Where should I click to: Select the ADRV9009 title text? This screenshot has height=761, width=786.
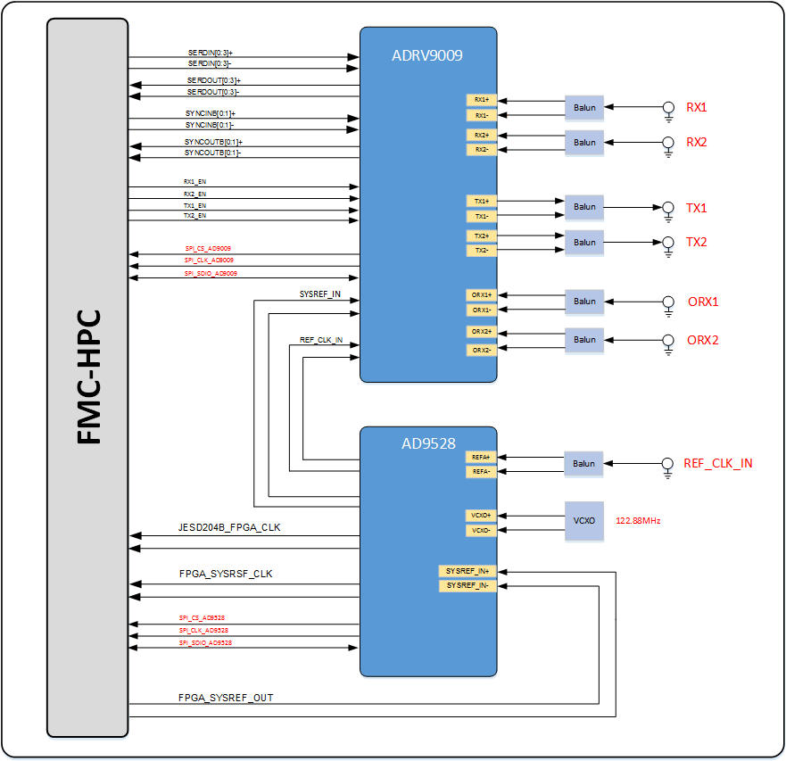(427, 55)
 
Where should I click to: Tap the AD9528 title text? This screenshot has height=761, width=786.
(427, 443)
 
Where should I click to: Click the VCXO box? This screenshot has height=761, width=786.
(584, 520)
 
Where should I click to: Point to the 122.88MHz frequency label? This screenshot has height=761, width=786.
(638, 520)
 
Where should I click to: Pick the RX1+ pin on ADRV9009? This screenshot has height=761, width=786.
(481, 100)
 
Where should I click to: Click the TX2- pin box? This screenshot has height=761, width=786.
(481, 251)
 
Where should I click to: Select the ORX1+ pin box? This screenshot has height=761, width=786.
(481, 294)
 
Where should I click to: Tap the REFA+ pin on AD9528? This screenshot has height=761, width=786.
(481, 457)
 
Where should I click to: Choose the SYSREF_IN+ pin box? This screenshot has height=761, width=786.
(467, 571)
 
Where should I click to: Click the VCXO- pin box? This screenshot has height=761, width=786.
(481, 531)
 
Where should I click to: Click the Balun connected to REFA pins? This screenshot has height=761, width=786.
(584, 463)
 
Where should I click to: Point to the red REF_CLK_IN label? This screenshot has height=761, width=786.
(717, 463)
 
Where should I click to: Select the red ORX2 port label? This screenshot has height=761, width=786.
(703, 340)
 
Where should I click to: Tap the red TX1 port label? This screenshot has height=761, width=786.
(696, 208)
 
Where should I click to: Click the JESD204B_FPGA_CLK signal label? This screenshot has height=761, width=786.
(229, 527)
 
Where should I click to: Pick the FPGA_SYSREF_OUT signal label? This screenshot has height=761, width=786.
(226, 697)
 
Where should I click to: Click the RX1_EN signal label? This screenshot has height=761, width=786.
(194, 182)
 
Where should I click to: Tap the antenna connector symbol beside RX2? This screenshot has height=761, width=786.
(668, 142)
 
